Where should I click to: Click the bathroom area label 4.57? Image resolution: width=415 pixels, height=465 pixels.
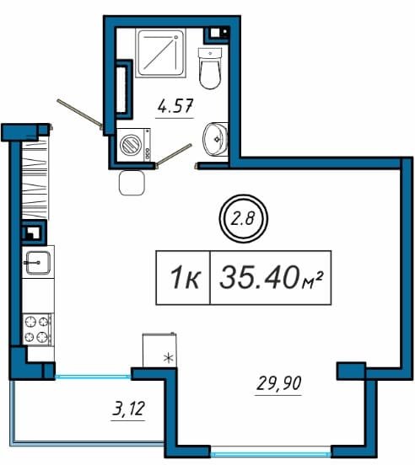[175, 106]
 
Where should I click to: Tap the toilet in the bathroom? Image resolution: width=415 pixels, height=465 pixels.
[210, 68]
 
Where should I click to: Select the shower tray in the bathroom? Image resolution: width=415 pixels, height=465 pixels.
[160, 53]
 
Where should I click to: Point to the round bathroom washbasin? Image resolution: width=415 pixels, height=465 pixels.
[215, 139]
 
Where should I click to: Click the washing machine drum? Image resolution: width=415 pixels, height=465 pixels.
[130, 144]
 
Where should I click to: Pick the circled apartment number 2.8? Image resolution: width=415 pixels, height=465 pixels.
[243, 219]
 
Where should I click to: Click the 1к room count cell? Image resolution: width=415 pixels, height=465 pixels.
[183, 278]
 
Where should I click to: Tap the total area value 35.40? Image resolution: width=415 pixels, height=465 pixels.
[259, 277]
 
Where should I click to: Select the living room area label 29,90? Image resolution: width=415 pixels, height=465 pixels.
[278, 382]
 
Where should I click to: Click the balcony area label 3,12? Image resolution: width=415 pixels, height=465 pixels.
[128, 409]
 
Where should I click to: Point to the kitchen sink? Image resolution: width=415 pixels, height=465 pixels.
[38, 263]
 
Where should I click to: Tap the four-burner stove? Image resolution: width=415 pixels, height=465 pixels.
[38, 329]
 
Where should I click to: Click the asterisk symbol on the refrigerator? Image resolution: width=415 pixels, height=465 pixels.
[169, 358]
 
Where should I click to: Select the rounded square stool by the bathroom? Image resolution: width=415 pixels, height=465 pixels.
[132, 183]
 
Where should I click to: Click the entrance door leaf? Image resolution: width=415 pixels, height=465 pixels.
[79, 115]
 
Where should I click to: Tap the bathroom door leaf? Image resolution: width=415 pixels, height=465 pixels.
[175, 154]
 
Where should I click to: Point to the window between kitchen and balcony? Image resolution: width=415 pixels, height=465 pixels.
[93, 377]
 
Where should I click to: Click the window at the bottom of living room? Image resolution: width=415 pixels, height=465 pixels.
[271, 454]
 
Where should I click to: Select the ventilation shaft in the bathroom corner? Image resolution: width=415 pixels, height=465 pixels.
[217, 34]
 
